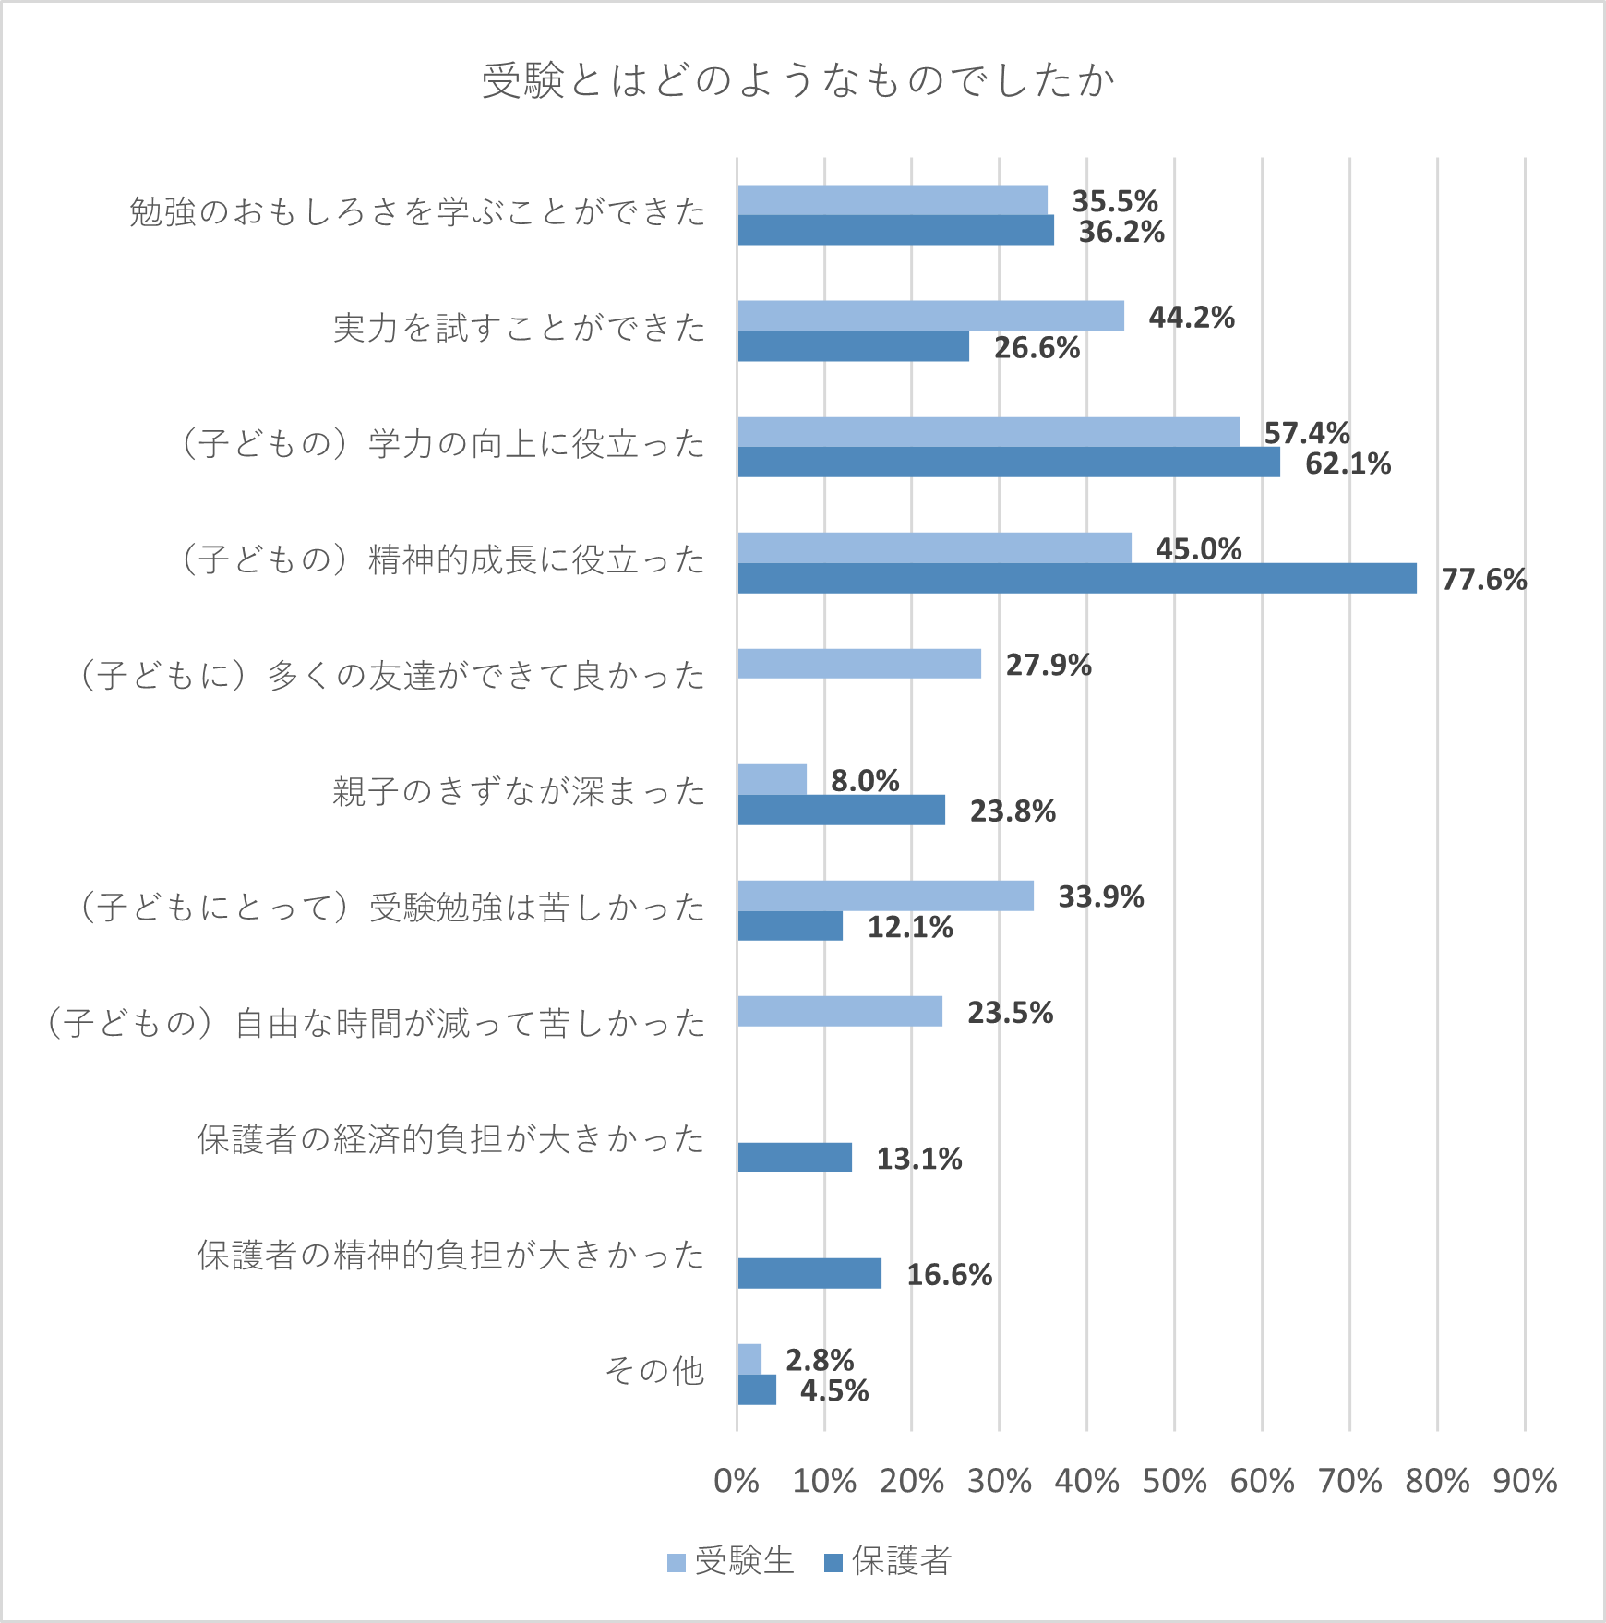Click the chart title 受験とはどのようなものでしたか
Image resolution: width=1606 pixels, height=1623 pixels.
coord(798,80)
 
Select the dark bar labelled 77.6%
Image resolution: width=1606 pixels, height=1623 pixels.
coord(1076,578)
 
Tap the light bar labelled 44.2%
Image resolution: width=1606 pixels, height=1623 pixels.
coord(930,316)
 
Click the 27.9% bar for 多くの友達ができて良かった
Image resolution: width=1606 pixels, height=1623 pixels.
coord(859,664)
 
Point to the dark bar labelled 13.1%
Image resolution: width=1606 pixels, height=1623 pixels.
coord(795,1158)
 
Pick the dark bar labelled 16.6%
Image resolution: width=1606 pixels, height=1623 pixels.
coord(809,1273)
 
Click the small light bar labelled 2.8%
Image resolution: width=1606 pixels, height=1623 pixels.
coord(749,1359)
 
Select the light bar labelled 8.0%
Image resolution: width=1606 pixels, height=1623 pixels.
coord(772,779)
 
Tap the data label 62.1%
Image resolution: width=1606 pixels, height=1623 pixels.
coord(1348,463)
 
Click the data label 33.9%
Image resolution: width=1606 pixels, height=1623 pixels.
coord(1100,896)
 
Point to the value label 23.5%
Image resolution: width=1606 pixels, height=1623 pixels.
coord(1010,1013)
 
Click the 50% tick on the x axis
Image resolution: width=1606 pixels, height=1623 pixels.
coord(1174,1481)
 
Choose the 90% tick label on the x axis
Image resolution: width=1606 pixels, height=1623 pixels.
coord(1525,1481)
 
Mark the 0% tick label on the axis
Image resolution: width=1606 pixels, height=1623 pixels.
coord(737,1481)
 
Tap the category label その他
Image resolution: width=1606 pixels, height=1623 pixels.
coord(654,1371)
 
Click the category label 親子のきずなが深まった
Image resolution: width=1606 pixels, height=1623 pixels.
coord(519,792)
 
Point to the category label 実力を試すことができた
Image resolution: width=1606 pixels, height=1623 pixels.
coord(519,329)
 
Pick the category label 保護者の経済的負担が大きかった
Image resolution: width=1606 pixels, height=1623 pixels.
coord(450,1140)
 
